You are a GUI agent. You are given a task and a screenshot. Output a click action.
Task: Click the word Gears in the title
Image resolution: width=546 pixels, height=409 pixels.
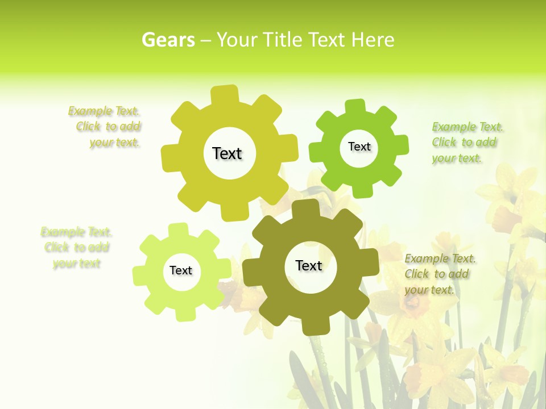coord(168,40)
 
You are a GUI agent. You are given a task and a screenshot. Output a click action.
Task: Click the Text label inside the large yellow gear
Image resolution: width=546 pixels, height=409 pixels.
coord(227,153)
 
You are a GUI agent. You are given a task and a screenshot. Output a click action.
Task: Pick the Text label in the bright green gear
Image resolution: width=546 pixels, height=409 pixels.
coord(359,147)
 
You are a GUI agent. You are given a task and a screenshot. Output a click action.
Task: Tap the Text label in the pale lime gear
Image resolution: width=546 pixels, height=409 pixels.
coord(181,270)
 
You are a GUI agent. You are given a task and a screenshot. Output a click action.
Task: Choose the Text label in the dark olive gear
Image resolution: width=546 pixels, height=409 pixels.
coord(309,265)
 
